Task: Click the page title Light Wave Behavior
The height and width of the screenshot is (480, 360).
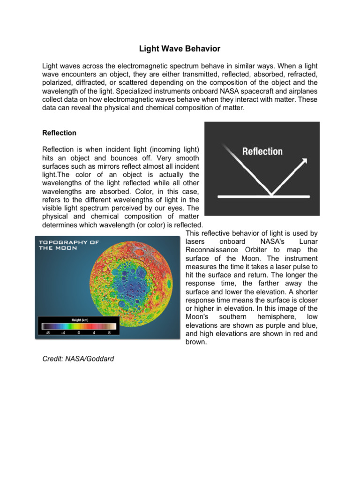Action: [x=180, y=49]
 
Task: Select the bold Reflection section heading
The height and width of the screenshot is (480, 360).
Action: [x=59, y=133]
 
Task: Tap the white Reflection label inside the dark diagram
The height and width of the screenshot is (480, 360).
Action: [x=262, y=151]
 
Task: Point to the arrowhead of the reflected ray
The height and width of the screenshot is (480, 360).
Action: [x=304, y=161]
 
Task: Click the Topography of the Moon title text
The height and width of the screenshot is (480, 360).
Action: [x=68, y=245]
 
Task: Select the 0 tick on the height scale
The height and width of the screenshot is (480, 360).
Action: [x=78, y=332]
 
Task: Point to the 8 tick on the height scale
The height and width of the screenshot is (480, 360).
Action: [x=109, y=332]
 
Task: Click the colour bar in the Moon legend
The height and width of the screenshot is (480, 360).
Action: [x=77, y=326]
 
